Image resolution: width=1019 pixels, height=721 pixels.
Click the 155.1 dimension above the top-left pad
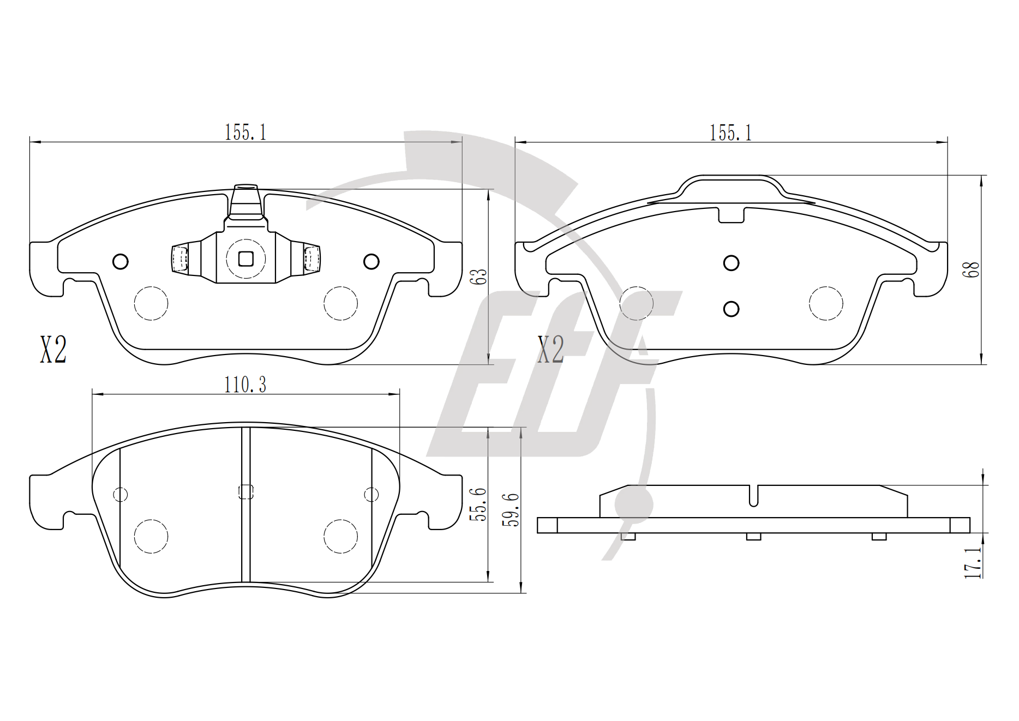(245, 133)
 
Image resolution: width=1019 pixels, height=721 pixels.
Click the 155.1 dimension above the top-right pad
(730, 133)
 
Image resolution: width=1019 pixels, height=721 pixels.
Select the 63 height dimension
(481, 277)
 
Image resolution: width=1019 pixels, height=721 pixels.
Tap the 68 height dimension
(972, 270)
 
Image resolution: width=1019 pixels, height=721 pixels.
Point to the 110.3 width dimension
(245, 385)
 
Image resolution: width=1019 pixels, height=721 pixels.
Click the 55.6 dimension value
(480, 504)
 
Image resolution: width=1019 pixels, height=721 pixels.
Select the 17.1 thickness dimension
(972, 563)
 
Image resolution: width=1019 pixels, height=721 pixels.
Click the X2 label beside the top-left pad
(53, 350)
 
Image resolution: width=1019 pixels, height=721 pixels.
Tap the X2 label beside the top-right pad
(550, 350)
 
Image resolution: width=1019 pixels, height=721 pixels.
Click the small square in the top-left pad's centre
(246, 259)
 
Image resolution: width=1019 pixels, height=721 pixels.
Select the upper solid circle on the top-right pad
(731, 263)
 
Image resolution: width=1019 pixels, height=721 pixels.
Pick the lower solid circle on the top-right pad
(731, 309)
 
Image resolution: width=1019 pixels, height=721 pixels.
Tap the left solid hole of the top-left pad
(121, 262)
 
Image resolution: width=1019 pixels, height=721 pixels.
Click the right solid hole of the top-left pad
(371, 262)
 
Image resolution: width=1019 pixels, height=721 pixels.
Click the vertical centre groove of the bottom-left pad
(245, 504)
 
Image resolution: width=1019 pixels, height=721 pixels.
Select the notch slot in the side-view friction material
(753, 496)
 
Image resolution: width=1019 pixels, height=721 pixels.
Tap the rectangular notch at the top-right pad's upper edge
(731, 214)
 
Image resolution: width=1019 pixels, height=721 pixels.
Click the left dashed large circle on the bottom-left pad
(151, 537)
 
